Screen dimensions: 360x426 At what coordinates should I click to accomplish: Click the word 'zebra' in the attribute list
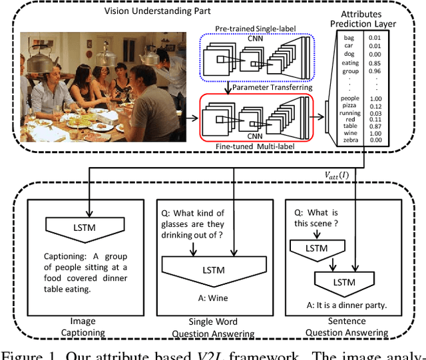coord(350,140)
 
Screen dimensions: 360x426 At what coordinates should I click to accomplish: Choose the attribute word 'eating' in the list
coord(350,63)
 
